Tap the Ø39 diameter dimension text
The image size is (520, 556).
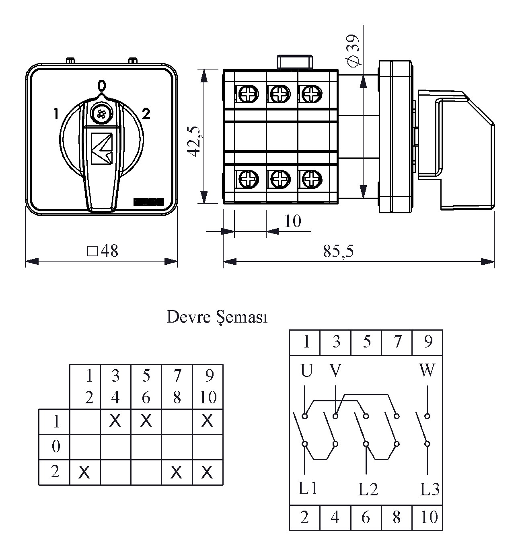[353, 51]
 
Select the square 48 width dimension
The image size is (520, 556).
[103, 251]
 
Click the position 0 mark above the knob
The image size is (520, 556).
[102, 85]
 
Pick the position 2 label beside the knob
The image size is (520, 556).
[146, 114]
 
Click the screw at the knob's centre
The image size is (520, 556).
[101, 114]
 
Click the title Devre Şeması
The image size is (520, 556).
[217, 317]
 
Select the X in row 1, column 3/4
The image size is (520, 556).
[115, 421]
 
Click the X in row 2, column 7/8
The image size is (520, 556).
[176, 472]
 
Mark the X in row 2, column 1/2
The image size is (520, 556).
[84, 472]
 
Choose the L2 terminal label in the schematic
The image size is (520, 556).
[368, 489]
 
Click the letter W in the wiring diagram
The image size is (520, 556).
[427, 370]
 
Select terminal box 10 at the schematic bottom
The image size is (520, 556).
[429, 517]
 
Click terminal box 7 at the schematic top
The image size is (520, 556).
[397, 342]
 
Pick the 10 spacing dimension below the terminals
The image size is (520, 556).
[293, 221]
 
